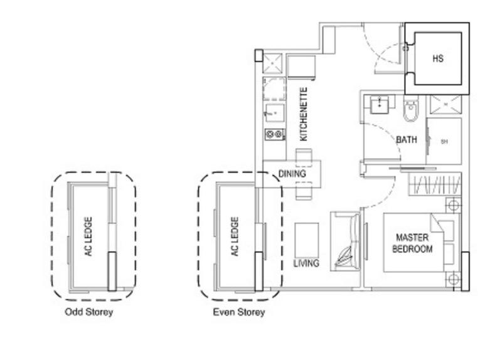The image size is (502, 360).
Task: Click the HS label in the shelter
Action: coord(438,58)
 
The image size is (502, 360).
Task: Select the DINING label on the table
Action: coord(292,173)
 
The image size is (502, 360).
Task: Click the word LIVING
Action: coord(306,263)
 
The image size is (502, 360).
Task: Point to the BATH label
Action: coord(406,140)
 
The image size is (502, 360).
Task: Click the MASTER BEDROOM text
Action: coord(412,243)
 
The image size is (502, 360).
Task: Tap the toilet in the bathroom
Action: coord(411,112)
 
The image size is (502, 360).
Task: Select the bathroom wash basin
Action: coord(379,104)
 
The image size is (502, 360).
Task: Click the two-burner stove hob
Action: coord(274,134)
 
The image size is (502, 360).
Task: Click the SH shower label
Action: coord(444,142)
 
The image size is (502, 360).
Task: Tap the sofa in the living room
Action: coord(346,241)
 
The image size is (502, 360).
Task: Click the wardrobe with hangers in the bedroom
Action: coord(434,186)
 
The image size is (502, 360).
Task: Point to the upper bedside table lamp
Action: coord(453,204)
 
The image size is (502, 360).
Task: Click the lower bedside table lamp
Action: coord(453,278)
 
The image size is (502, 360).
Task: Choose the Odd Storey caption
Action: coord(88,312)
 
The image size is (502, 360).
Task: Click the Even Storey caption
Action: coord(238,312)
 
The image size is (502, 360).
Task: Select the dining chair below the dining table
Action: coord(303,190)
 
